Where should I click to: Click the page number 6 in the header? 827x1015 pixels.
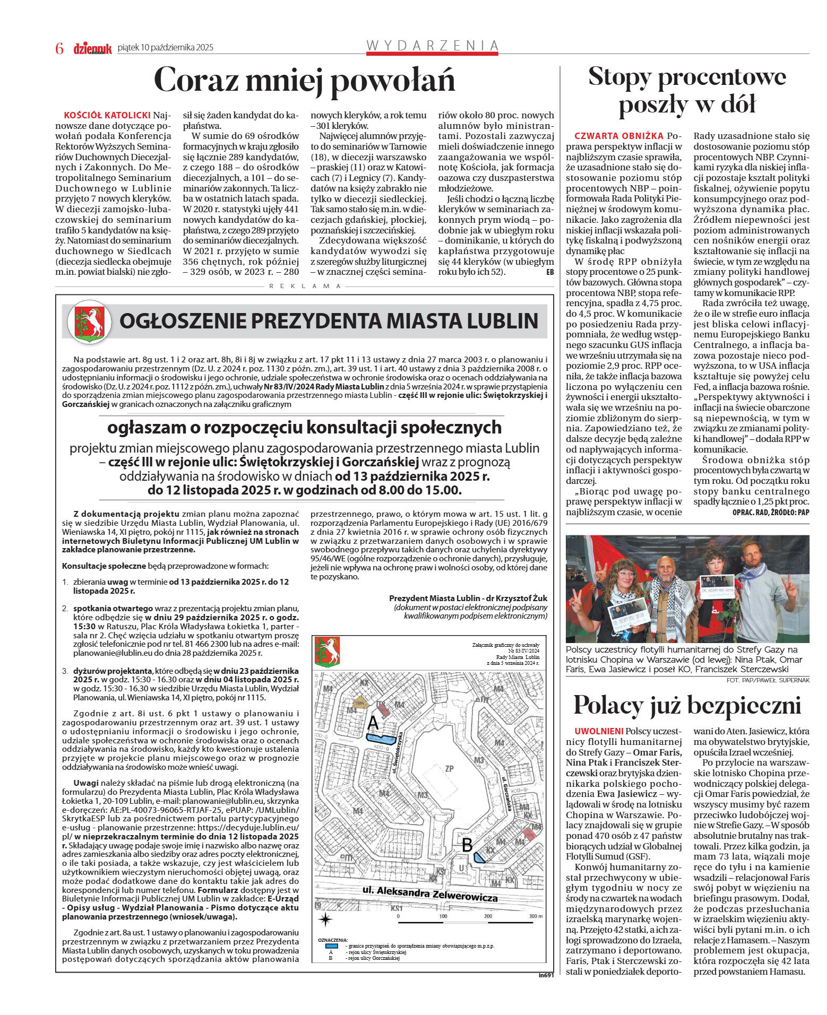pos(59,48)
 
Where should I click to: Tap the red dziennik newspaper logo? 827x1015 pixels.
pos(92,49)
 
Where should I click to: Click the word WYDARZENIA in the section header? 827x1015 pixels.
pos(432,46)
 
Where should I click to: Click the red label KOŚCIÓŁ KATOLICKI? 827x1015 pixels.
pos(107,115)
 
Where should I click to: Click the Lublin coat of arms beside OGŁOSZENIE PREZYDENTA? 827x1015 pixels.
pos(90,322)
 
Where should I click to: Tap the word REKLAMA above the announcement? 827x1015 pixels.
pos(305,286)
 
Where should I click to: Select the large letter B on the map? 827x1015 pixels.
pos(467,844)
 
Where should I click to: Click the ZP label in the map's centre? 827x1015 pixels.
pos(449,769)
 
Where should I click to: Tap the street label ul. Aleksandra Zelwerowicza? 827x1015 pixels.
pos(429,893)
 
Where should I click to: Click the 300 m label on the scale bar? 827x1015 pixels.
pos(535,916)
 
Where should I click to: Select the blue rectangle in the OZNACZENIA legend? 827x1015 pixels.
pos(331,945)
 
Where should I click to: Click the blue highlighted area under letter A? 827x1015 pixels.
pos(381,738)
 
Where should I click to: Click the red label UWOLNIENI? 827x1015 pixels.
pos(599,731)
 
